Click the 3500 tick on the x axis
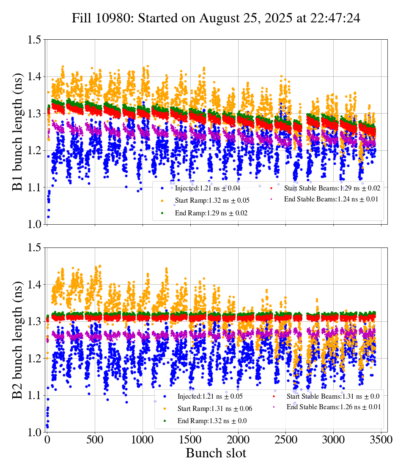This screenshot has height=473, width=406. click(381, 440)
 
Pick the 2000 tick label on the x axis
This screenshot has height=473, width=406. click(238, 440)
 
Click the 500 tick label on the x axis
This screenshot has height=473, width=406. click(95, 440)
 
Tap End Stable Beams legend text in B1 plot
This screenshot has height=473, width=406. click(331, 198)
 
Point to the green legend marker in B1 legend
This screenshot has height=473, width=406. click(162, 213)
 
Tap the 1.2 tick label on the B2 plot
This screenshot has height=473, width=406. click(34, 359)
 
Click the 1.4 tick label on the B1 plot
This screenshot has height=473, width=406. click(34, 77)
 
